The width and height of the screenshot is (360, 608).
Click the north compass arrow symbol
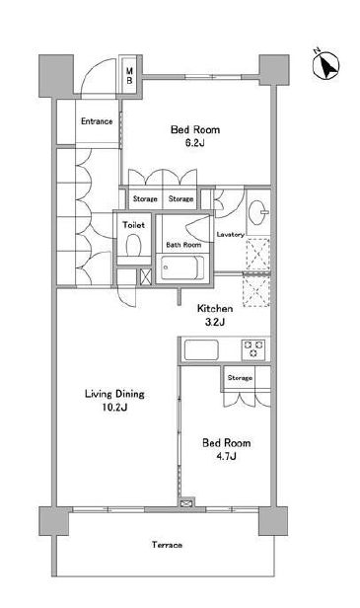[x=326, y=65]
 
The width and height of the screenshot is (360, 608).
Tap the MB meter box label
[x=129, y=76]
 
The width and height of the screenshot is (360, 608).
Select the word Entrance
[x=97, y=121]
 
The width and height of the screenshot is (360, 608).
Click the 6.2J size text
[x=194, y=143]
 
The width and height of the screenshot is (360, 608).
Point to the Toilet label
[x=133, y=225]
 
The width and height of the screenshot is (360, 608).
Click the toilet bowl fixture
[x=133, y=245]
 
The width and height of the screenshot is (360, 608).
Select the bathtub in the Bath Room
[x=182, y=267]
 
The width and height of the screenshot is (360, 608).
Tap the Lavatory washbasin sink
[x=257, y=212]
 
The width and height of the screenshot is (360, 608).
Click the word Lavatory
[x=230, y=235]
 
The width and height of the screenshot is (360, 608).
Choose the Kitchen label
[x=215, y=309]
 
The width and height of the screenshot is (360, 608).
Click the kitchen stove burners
[x=253, y=348]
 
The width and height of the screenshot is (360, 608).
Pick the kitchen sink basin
[x=201, y=349]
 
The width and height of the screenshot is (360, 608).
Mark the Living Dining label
[x=114, y=395]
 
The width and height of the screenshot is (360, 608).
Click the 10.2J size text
[x=115, y=408]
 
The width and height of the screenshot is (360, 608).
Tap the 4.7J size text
[x=226, y=456]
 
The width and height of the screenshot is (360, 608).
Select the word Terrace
[x=167, y=545]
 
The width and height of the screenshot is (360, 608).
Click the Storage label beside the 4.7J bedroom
[x=240, y=378]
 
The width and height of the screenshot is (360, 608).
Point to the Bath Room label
[x=183, y=245]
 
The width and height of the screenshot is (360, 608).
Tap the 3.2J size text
[x=215, y=322]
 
